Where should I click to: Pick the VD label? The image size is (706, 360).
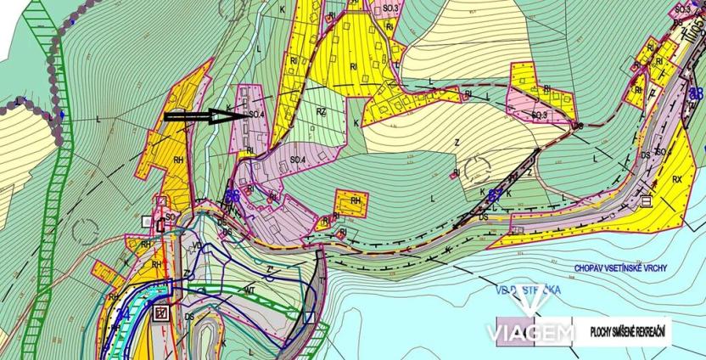(199, 245)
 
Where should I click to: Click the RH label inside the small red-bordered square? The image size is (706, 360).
(356, 201)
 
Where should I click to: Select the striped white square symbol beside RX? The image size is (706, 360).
(647, 200)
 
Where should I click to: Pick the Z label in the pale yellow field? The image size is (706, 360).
(456, 142)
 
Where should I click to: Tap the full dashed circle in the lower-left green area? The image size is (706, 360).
(86, 228)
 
